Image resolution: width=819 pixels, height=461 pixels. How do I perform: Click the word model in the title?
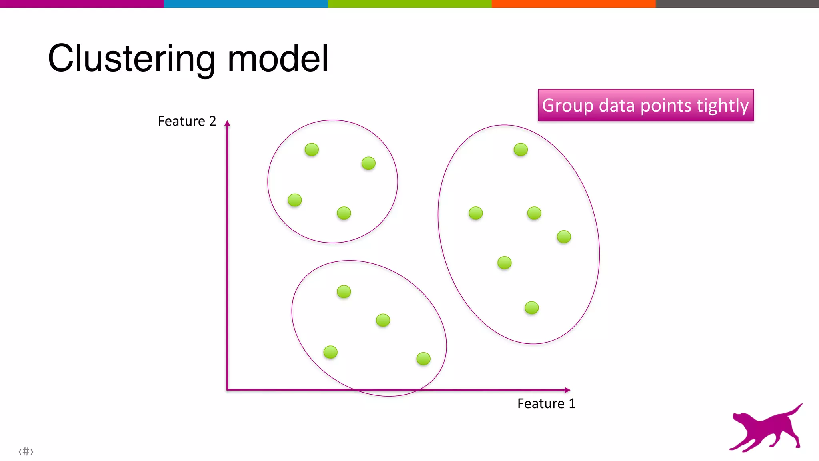(x=278, y=59)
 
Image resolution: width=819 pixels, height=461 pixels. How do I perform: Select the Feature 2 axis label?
(x=187, y=121)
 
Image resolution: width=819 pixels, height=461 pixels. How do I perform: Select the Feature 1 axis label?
(x=546, y=404)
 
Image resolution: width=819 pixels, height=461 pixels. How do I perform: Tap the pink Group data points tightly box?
(x=645, y=105)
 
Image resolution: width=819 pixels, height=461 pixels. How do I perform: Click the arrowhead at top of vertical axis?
(x=227, y=123)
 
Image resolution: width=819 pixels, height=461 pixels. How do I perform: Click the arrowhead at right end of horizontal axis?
(x=567, y=390)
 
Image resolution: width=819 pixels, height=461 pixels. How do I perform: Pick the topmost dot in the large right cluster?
(x=521, y=150)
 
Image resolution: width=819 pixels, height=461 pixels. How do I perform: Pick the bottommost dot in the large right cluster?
(x=531, y=308)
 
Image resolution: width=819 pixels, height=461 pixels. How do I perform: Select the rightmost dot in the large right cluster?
(x=564, y=237)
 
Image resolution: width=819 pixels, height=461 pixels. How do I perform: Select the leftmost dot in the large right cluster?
(x=475, y=213)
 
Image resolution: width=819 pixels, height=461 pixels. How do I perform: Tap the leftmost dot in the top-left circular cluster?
(x=295, y=200)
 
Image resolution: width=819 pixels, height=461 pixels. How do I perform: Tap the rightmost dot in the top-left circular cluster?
(x=368, y=163)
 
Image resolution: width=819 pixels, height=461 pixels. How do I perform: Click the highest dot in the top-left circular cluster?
(x=312, y=150)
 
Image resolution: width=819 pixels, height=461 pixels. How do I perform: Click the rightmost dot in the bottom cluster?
(x=423, y=359)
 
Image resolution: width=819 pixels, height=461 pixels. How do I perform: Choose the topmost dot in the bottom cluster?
(x=344, y=291)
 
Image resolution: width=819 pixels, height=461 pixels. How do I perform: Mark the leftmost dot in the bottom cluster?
(x=330, y=352)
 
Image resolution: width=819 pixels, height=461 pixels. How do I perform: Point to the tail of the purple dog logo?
(x=794, y=410)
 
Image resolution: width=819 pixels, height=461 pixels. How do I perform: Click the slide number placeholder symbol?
(x=26, y=451)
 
